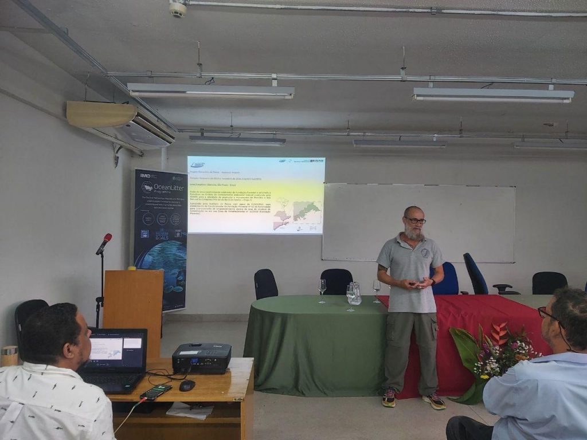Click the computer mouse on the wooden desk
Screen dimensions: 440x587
pyautogui.click(x=187, y=385)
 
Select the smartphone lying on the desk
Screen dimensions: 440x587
pyautogui.click(x=155, y=392)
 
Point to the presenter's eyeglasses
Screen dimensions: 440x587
pyautogui.click(x=415, y=221)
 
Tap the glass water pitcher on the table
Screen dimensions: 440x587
pyautogui.click(x=355, y=293)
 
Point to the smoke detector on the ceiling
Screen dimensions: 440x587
pyautogui.click(x=178, y=8)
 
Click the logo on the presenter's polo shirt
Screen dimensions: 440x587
pyautogui.click(x=425, y=253)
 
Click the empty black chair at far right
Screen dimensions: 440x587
pyautogui.click(x=549, y=282)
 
